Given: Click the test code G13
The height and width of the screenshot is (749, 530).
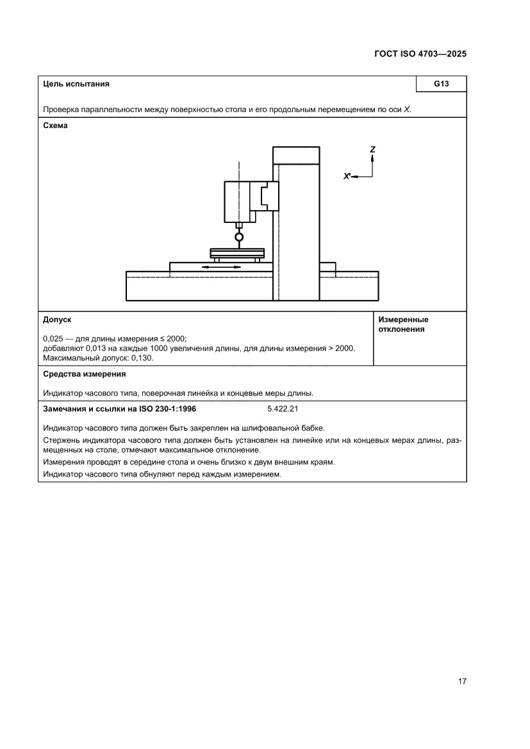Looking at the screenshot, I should (441, 84).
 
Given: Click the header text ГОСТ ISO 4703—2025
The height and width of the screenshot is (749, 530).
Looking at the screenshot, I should (420, 54).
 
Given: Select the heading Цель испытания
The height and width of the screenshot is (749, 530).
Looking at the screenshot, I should (76, 84).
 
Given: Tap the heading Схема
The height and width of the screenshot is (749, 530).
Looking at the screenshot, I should (55, 126).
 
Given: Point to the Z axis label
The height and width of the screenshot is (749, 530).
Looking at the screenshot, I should (372, 149).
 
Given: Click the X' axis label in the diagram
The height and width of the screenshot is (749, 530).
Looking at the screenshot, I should (347, 176).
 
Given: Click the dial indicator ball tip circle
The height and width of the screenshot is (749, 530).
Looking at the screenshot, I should (239, 237).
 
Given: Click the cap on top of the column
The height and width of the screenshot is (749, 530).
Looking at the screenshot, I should (295, 156).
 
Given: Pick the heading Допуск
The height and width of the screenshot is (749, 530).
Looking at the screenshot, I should (57, 319).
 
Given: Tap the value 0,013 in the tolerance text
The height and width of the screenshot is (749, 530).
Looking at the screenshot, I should (96, 349).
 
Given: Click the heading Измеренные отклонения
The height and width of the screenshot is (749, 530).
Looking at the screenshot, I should (403, 324).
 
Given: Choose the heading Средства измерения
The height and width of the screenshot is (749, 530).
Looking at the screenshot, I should (84, 374).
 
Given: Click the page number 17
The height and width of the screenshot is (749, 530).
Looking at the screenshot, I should (461, 681).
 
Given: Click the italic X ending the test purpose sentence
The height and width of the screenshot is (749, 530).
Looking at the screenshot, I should (406, 110).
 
